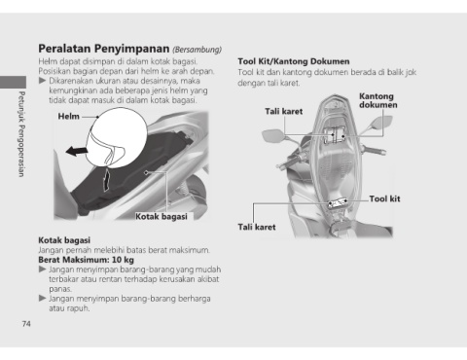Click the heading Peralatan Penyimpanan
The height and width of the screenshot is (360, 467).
104,49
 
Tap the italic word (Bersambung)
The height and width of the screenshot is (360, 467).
198,50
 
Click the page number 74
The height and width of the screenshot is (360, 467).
26,324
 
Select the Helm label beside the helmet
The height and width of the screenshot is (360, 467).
68,116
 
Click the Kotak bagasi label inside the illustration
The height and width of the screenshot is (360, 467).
162,216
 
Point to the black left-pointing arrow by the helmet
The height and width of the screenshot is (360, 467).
77,151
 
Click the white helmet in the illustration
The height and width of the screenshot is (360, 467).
117,138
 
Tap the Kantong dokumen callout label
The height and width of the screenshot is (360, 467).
377,100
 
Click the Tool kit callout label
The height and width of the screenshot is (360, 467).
384,198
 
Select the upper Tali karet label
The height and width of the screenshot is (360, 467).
284,112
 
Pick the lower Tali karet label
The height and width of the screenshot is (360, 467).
257,227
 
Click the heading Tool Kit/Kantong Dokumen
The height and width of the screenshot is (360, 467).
294,61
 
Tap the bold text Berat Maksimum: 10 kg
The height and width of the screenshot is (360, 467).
86,260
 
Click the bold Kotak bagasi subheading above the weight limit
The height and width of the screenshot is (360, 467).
64,240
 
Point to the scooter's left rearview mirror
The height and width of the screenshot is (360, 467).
274,135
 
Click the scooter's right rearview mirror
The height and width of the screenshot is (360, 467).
381,124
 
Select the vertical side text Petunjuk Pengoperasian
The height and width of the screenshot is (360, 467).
21,134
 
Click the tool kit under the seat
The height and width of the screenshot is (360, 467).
338,203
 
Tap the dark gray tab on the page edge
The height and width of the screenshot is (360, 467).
13,82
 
